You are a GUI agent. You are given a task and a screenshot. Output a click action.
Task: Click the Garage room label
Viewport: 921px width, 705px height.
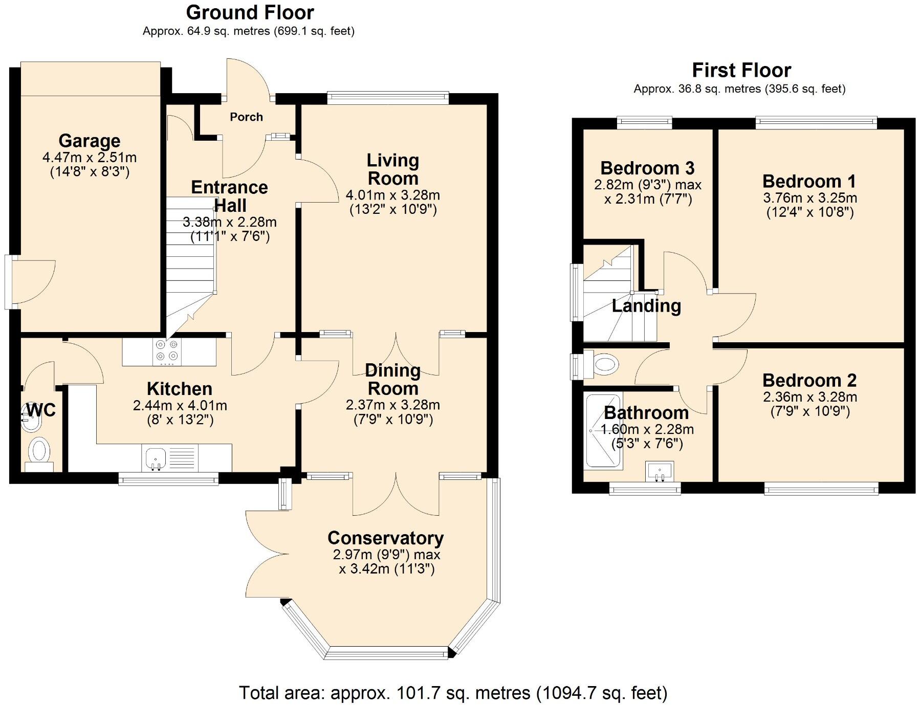click(x=90, y=141)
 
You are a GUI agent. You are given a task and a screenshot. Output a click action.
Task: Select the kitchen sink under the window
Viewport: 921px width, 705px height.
click(x=156, y=458)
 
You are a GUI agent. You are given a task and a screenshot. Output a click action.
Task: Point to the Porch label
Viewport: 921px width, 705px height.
click(x=246, y=117)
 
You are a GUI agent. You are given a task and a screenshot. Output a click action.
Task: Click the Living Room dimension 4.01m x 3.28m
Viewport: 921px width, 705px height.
click(x=392, y=195)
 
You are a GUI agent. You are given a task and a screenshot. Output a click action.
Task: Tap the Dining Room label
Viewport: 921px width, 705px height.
click(x=392, y=379)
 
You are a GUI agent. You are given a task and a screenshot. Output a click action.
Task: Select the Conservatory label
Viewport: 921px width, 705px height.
click(x=385, y=538)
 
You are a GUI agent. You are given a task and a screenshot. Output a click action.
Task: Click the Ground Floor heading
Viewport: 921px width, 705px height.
click(x=250, y=12)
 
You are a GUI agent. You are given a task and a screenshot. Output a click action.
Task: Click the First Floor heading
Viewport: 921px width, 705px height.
click(x=741, y=70)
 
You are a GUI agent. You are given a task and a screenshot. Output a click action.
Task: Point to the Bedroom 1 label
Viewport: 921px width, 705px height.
click(x=808, y=181)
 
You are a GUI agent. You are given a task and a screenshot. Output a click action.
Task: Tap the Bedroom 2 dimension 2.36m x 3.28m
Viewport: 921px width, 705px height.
click(x=809, y=397)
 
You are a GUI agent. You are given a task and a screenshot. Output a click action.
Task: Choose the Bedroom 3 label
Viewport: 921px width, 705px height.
click(x=647, y=168)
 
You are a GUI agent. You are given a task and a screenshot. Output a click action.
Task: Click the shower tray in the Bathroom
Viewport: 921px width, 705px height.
click(x=603, y=431)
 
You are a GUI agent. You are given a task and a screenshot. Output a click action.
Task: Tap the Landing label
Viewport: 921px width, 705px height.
click(x=646, y=306)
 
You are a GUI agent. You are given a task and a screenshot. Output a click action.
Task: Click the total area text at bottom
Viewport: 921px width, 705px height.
click(x=453, y=693)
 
